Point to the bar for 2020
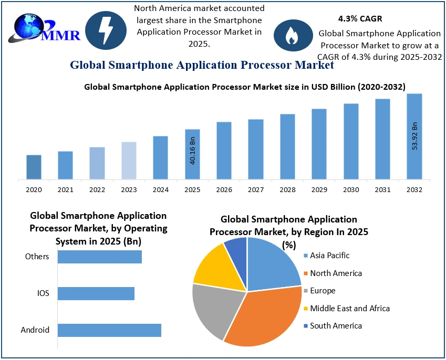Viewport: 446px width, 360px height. tap(34, 167)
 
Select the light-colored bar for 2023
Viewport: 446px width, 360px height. tap(129, 161)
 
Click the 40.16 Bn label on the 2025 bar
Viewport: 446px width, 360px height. tap(192, 151)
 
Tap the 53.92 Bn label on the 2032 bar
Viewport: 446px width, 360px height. tap(414, 136)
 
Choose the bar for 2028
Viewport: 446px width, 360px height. tap(287, 146)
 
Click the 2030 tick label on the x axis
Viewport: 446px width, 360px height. tap(351, 189)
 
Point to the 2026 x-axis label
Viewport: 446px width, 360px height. tap(224, 189)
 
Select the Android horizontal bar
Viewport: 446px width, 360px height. tap(109, 330)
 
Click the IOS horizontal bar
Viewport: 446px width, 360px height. tap(96, 293)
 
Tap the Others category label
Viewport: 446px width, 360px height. tap(37, 257)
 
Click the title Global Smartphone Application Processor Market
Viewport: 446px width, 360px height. tap(202, 65)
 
